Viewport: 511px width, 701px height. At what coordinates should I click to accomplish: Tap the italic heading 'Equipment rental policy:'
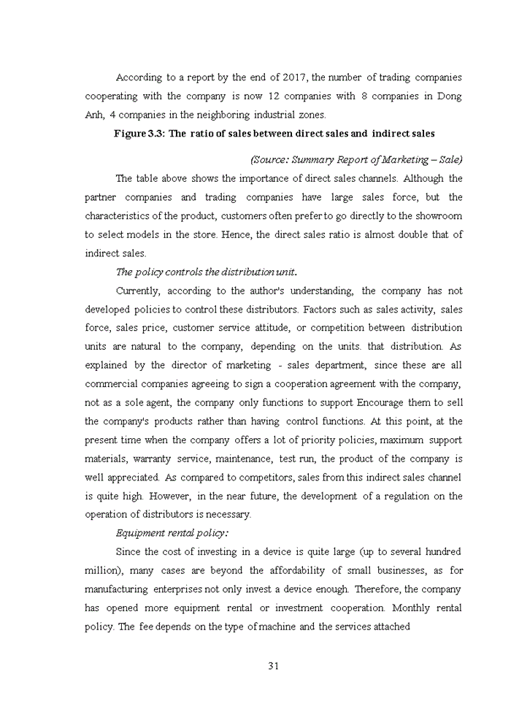(x=172, y=533)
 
